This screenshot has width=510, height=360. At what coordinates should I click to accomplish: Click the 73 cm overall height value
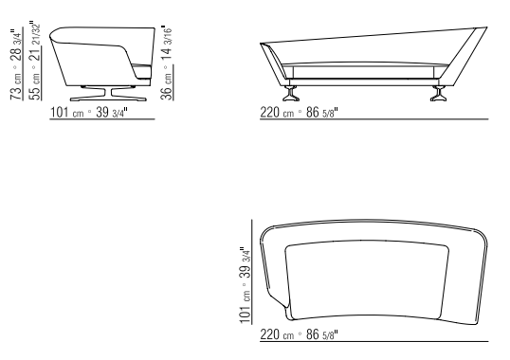16,86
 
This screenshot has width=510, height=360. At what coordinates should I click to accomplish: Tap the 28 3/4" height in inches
16,45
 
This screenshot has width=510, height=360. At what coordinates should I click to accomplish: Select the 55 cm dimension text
35,86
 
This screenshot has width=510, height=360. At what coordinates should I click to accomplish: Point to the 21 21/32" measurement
35,42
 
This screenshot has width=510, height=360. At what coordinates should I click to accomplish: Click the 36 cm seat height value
166,86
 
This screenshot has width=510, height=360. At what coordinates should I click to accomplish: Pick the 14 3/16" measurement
166,43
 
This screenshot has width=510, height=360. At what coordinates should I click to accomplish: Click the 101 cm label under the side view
66,113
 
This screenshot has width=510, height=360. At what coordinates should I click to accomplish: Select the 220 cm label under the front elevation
277,113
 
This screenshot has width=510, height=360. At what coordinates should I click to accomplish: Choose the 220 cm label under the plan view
277,334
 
